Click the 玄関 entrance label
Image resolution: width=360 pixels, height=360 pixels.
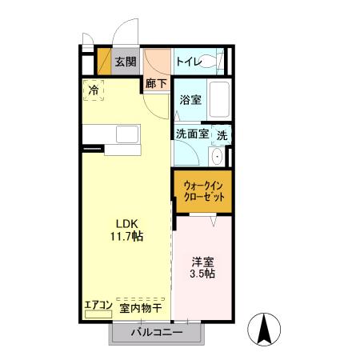(x=124, y=61)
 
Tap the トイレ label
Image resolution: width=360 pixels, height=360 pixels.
(x=188, y=61)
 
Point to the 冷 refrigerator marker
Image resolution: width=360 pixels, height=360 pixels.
(x=94, y=90)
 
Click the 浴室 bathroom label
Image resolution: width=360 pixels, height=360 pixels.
(x=190, y=100)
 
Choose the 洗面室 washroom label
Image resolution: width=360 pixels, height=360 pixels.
(x=192, y=135)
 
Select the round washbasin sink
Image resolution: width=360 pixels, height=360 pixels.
(x=218, y=155)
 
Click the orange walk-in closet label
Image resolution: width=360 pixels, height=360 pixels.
(x=202, y=190)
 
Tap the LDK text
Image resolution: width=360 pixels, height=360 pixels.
(x=126, y=223)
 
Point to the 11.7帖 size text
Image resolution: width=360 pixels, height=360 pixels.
(x=126, y=237)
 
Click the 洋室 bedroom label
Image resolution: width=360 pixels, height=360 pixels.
(x=202, y=261)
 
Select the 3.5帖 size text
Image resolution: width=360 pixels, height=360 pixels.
(x=202, y=274)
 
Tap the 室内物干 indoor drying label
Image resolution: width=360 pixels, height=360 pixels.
(x=141, y=307)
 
